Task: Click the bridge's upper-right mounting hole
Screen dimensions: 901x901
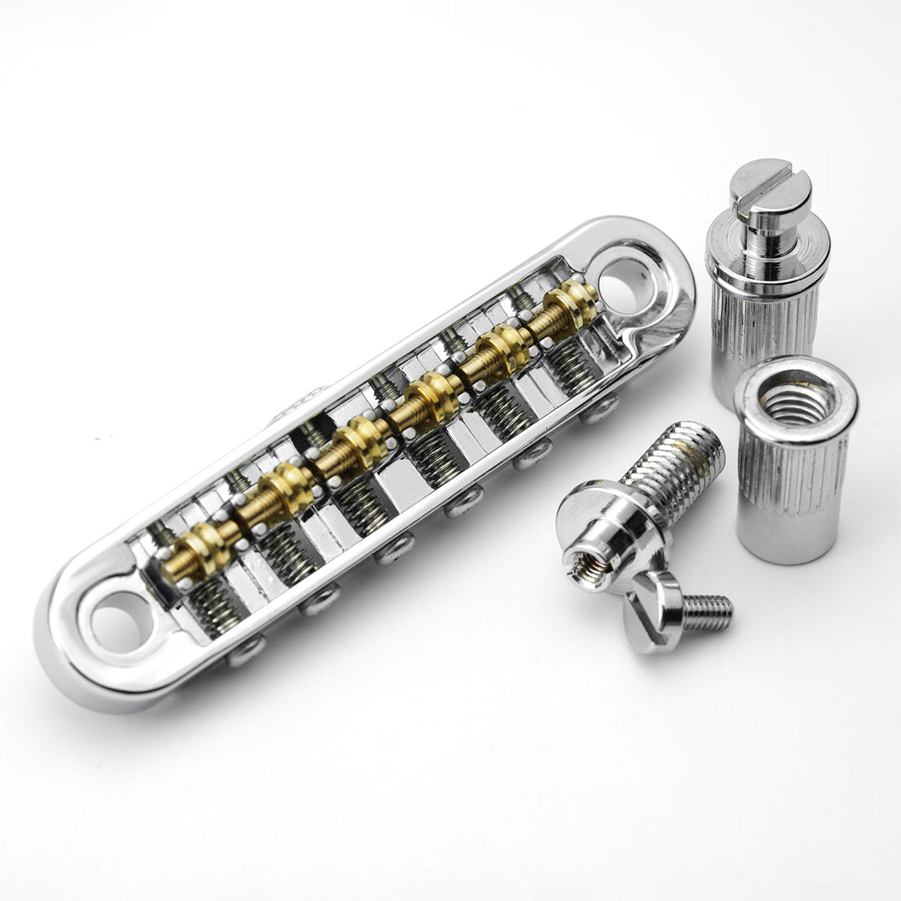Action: point(625,285)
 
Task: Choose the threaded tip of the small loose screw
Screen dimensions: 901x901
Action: point(710,612)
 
